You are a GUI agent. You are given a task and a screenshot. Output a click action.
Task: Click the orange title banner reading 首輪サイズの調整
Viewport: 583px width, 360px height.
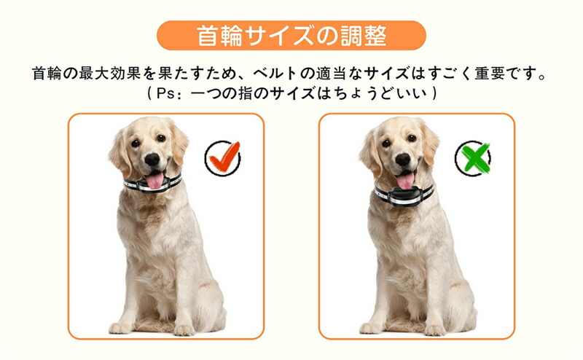(291, 35)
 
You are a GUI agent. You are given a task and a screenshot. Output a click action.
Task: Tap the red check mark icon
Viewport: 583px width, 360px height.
(224, 157)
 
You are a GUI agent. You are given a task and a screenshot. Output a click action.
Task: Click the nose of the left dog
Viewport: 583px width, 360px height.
(152, 159)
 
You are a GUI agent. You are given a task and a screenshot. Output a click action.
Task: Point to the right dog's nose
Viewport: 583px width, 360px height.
(403, 159)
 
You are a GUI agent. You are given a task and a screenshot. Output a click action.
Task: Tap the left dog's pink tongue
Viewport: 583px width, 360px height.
(154, 181)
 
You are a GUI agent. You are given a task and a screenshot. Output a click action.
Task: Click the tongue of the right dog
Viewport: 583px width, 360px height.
(405, 181)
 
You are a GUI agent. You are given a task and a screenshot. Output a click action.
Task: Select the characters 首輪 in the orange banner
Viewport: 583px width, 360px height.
(219, 36)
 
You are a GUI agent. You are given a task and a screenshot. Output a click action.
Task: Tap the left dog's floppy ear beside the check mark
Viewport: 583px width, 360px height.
(178, 143)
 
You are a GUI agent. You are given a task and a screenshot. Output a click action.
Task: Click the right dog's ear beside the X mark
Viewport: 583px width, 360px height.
(429, 143)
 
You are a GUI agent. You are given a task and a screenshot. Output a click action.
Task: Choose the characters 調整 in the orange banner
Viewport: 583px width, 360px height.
(364, 36)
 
